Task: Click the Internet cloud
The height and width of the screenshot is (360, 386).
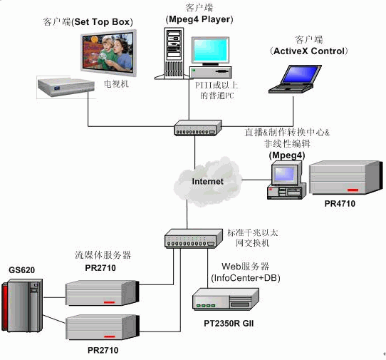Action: pyautogui.click(x=207, y=182)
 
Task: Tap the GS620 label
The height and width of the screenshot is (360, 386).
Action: pyautogui.click(x=21, y=270)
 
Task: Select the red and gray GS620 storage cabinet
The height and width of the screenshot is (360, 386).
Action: pyautogui.click(x=22, y=306)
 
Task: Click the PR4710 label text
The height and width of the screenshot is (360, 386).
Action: pyautogui.click(x=340, y=204)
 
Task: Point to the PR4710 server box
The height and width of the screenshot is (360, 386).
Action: pyautogui.click(x=346, y=178)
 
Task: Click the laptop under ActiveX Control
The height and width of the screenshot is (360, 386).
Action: pyautogui.click(x=295, y=79)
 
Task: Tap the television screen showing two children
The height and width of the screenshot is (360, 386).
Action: pyautogui.click(x=108, y=53)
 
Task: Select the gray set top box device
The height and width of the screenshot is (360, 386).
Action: pyautogui.click(x=66, y=87)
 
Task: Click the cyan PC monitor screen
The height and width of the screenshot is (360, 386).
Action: pyautogui.click(x=211, y=51)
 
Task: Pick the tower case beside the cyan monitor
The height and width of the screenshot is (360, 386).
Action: pyautogui.click(x=174, y=53)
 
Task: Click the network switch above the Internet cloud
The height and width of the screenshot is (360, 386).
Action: pyautogui.click(x=198, y=128)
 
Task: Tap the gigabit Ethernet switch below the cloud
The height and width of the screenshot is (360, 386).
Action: pyautogui.click(x=194, y=239)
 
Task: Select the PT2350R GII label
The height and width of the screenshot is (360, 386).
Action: pyautogui.click(x=229, y=323)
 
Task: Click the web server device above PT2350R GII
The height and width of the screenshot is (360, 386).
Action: pyautogui.click(x=226, y=299)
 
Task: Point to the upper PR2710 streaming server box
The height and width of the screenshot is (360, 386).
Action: pyautogui.click(x=102, y=293)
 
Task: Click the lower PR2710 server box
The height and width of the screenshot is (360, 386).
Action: pyautogui.click(x=103, y=327)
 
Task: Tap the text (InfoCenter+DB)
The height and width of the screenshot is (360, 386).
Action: pyautogui.click(x=246, y=278)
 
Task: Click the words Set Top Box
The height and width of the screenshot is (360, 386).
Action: pyautogui.click(x=102, y=22)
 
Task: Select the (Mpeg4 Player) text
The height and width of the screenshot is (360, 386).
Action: pyautogui.click(x=199, y=19)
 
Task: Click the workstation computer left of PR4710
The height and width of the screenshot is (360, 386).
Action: pyautogui.click(x=287, y=180)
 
